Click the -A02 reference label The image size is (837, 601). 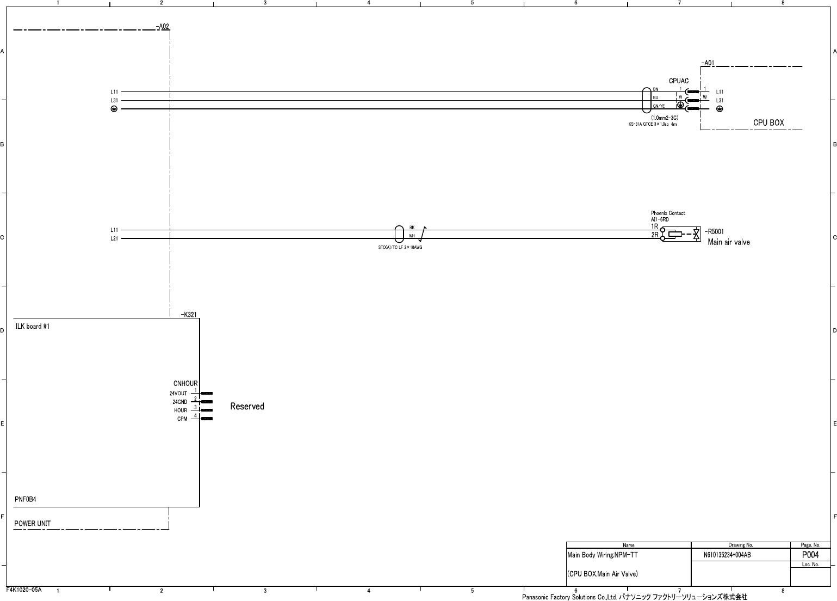point(162,26)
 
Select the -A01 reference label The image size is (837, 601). point(708,63)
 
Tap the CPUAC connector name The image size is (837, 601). point(678,81)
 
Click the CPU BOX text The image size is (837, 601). point(768,122)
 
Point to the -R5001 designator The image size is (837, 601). point(714,231)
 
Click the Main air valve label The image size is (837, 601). point(728,242)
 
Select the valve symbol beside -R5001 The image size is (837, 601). point(696,235)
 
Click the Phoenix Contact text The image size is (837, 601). point(668,213)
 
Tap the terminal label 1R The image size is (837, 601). point(655,226)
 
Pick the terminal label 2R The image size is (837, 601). point(655,235)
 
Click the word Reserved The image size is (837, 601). point(247,407)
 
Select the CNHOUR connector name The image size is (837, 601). point(185,384)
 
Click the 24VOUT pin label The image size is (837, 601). point(178,393)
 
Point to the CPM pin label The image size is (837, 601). point(182,419)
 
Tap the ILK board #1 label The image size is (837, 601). point(33,327)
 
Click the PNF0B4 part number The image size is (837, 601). point(26,499)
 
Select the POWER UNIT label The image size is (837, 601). point(33,524)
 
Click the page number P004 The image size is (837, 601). point(810,555)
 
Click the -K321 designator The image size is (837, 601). point(188,315)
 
